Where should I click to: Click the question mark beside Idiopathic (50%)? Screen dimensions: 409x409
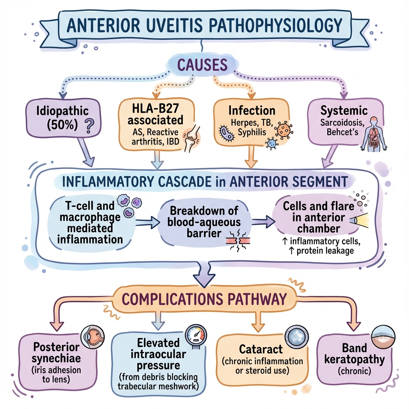click(89, 126)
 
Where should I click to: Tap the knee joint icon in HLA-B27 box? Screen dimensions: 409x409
click(191, 138)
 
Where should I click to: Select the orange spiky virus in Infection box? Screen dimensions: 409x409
click(284, 129)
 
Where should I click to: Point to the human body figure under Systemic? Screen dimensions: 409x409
click(374, 134)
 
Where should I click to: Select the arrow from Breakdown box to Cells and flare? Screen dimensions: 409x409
click(264, 222)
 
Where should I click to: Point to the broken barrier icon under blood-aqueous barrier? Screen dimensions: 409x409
click(237, 240)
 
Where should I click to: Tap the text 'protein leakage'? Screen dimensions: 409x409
click(325, 251)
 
